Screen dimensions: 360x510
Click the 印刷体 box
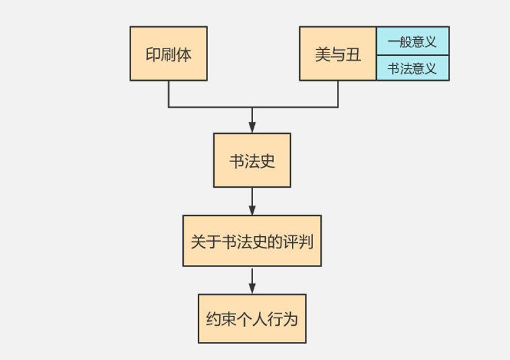(168, 54)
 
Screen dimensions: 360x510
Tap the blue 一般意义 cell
(412, 41)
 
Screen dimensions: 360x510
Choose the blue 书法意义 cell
(412, 68)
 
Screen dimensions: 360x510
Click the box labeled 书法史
(252, 160)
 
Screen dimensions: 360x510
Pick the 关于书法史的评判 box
(252, 241)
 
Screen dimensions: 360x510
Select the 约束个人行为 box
(252, 319)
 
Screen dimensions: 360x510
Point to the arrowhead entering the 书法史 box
(252, 127)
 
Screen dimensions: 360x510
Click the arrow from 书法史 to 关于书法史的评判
(252, 201)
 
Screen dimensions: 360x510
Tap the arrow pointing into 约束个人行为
(252, 281)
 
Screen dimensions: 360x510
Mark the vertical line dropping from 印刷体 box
(168, 94)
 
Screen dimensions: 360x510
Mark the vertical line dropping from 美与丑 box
(338, 94)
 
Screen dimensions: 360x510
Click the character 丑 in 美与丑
(353, 55)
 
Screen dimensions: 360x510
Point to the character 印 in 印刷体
(153, 55)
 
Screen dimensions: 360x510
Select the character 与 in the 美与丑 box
(338, 55)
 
